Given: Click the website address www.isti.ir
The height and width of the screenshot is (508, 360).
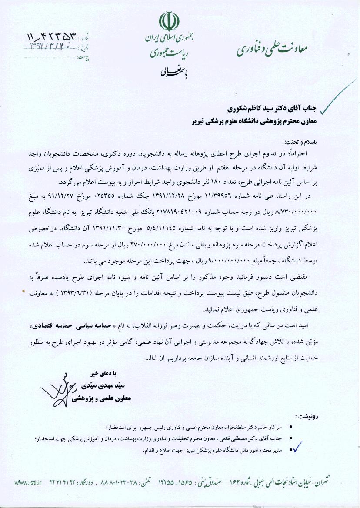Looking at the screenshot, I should pyautogui.click(x=28, y=482).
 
